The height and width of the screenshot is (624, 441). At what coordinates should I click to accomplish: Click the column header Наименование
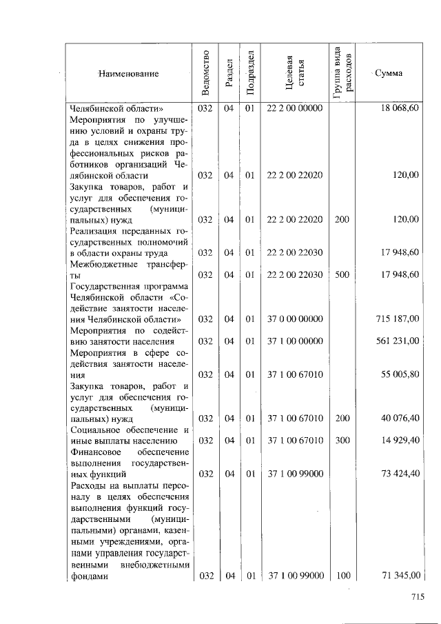128,73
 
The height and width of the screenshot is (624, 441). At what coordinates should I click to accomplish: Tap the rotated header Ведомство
206,73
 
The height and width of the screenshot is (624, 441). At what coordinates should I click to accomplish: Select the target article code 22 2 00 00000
295,108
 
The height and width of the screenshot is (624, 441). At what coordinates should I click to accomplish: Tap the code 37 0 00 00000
295,319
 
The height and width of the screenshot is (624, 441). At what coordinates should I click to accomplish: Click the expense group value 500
342,274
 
